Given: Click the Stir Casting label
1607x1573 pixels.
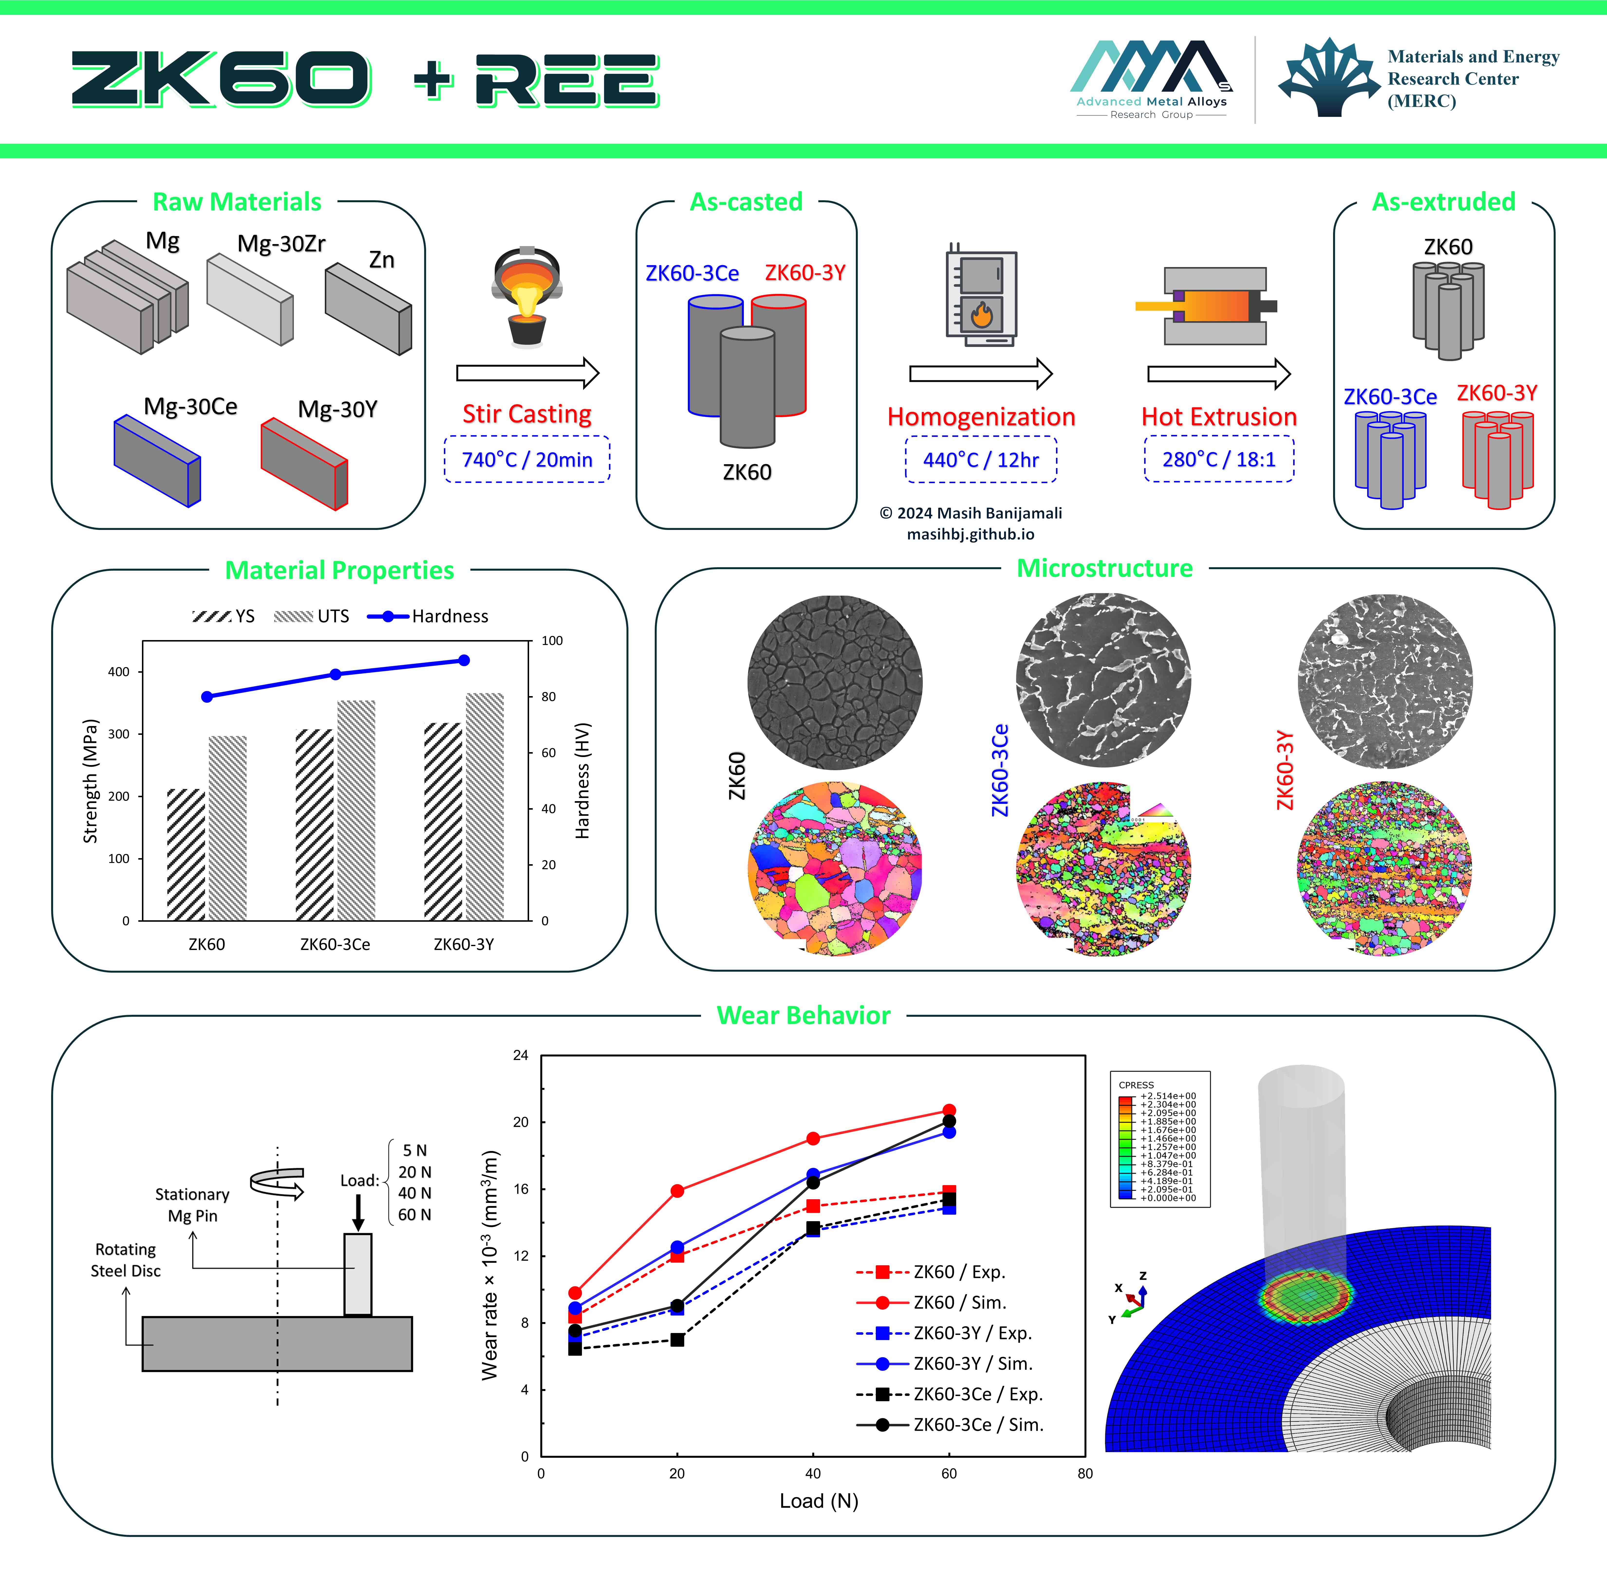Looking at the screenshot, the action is [527, 414].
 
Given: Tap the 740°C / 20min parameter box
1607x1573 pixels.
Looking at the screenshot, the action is [527, 459].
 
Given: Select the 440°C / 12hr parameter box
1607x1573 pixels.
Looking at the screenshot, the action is [981, 459].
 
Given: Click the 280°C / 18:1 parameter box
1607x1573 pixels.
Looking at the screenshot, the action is [1219, 459].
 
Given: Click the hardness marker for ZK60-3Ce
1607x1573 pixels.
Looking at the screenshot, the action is [335, 674].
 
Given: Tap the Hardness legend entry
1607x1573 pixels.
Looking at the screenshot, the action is [428, 616].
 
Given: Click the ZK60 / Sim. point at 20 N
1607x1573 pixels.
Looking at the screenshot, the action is [677, 1190].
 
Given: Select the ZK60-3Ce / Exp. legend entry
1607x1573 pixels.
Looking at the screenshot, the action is [950, 1394].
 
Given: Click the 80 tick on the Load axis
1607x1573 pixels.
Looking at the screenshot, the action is [1085, 1473].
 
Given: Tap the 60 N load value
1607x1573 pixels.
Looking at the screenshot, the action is [415, 1214].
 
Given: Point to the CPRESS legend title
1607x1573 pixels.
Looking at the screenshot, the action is [1136, 1085].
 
